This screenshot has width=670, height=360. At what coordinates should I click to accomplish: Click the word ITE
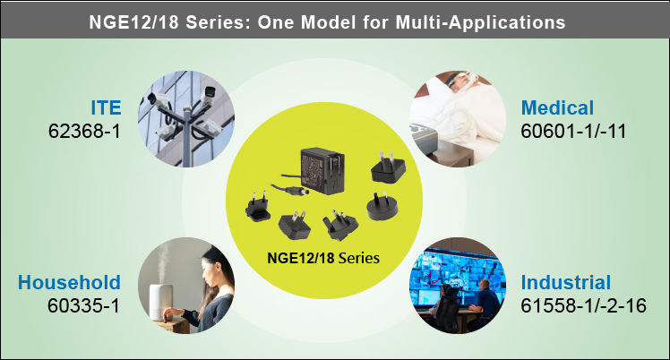pyautogui.click(x=105, y=108)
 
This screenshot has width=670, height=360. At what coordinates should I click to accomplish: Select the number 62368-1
pyautogui.click(x=84, y=131)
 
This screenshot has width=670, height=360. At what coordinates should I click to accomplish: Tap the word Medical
pyautogui.click(x=557, y=108)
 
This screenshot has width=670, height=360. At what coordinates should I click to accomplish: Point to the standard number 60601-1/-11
pyautogui.click(x=572, y=131)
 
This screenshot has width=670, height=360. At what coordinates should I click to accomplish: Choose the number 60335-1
pyautogui.click(x=84, y=305)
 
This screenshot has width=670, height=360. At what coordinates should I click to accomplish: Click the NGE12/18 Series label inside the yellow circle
pyautogui.click(x=323, y=259)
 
